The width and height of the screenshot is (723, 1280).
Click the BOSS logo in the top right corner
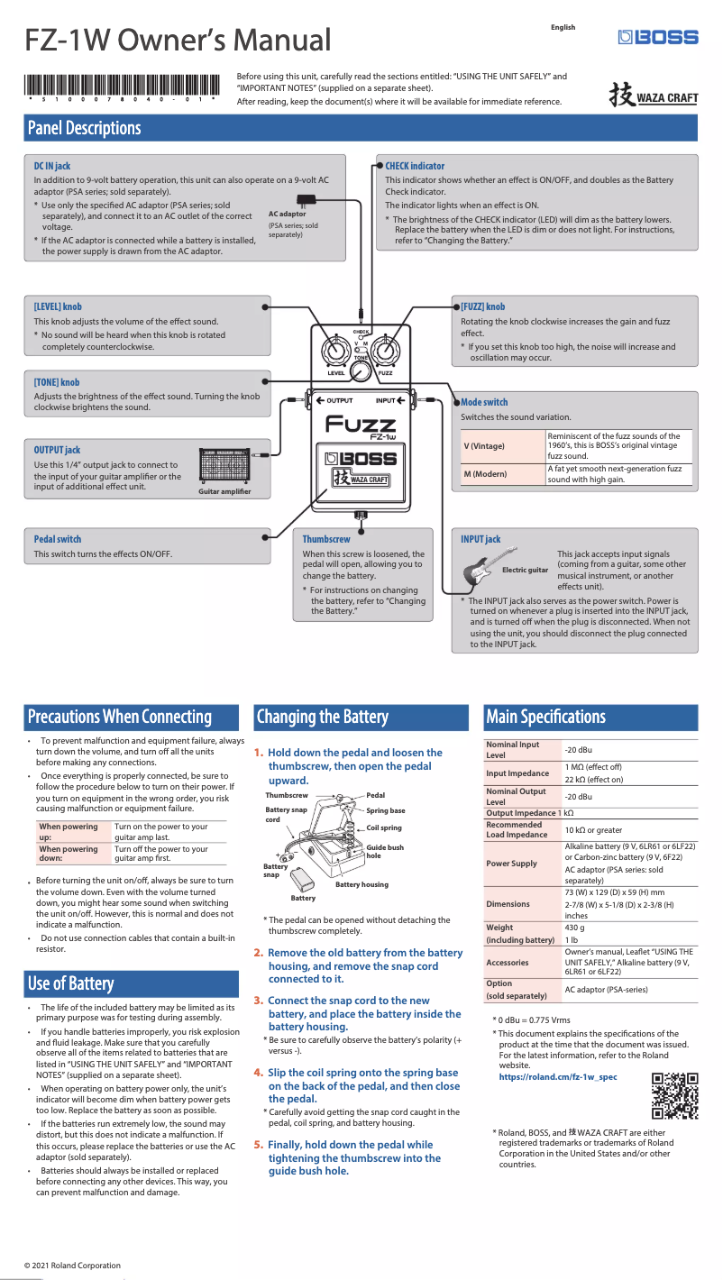658,37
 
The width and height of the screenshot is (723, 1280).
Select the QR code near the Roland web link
675,1095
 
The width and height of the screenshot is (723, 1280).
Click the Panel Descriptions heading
84,128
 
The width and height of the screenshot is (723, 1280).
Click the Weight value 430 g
574,928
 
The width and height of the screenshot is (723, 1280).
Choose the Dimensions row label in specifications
508,903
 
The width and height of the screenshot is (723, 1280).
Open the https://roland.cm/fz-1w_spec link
558,1077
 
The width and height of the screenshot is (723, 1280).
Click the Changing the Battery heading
322,718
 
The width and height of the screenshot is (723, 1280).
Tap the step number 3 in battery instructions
258,1001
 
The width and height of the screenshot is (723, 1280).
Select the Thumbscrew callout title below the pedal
326,539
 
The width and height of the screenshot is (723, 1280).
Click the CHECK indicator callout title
415,166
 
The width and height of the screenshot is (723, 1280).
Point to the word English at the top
563,28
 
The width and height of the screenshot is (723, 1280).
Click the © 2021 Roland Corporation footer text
72,1266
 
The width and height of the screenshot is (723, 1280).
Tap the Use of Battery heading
70,983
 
